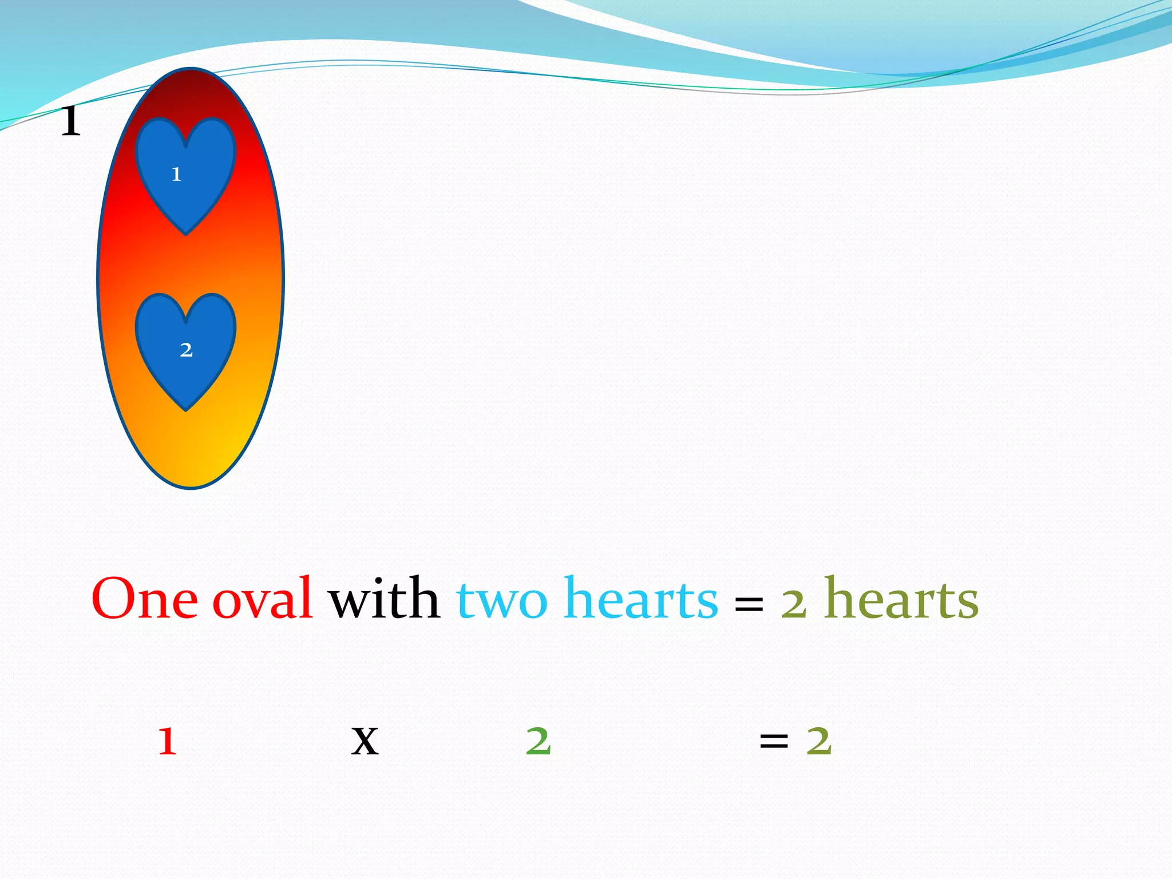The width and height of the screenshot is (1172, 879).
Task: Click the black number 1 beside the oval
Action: click(x=71, y=121)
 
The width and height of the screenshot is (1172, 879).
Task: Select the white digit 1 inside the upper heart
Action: click(x=176, y=174)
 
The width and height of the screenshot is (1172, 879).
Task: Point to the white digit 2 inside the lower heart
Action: click(x=186, y=350)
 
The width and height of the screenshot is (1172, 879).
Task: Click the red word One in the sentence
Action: click(x=145, y=599)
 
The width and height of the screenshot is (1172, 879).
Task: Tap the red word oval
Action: click(x=263, y=599)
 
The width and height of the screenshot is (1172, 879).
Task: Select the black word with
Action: click(x=384, y=599)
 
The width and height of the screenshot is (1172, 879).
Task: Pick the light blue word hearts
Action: click(x=640, y=599)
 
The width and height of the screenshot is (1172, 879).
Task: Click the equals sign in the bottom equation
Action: click(x=774, y=742)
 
